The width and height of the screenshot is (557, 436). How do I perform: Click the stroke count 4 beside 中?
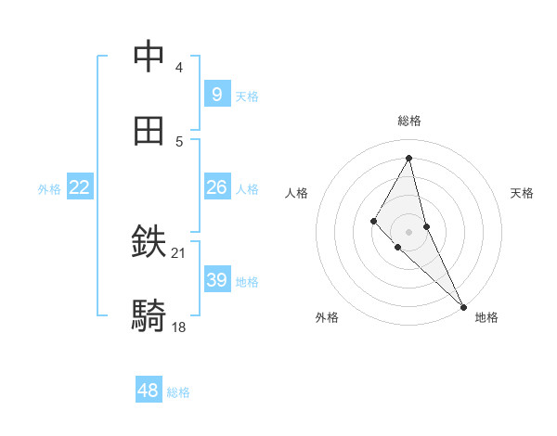coord(179,68)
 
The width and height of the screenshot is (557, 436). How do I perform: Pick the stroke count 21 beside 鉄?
coord(179,253)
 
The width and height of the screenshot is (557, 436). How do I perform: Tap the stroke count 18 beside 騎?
coord(179,327)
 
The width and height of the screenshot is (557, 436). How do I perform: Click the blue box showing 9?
coord(216,95)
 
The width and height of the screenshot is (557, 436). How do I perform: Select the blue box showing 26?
coord(216,187)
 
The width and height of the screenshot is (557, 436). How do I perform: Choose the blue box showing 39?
coord(216,280)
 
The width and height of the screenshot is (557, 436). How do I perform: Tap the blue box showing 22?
coord(80,187)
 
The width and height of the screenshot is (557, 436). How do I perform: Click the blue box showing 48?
coord(149,391)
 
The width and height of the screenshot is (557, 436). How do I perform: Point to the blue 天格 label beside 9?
coord(247,96)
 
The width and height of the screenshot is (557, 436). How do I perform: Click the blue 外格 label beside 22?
coord(49,189)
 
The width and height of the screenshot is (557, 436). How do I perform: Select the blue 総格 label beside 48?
coord(178,392)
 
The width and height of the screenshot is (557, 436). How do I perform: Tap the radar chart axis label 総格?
coord(409,121)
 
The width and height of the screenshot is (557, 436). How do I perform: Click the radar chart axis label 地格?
coord(486,317)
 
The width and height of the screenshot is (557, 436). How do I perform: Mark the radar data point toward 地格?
coord(463,305)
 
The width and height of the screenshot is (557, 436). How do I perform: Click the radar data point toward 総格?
coord(409,158)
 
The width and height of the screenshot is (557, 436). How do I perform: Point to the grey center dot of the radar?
coord(409,231)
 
